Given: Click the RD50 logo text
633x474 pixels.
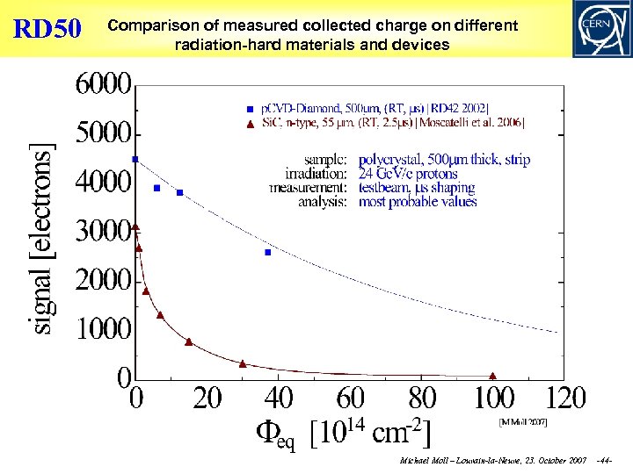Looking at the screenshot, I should click(47, 29).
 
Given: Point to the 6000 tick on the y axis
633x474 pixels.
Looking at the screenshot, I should click(104, 86).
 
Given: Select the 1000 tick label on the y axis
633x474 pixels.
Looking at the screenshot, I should click(104, 329).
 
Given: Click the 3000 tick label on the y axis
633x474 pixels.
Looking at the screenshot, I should click(104, 232).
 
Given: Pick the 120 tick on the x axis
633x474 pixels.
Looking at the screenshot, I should click(565, 399).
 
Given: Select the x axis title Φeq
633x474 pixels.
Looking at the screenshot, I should click(274, 434).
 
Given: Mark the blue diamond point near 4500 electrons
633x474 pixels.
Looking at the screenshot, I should click(135, 159).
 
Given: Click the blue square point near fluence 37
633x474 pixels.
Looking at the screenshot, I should click(267, 252).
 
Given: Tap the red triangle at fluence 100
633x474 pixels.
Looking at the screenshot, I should click(492, 376).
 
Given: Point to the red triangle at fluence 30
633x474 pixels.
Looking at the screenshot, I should click(243, 363).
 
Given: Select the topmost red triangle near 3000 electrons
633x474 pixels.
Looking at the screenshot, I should click(135, 226).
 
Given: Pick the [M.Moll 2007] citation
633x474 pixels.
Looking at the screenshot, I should click(523, 422).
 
